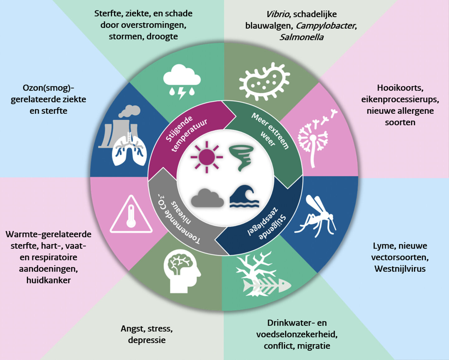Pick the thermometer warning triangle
[131, 215]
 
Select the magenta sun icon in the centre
[206, 156]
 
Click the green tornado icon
[242, 157]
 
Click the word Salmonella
[301, 37]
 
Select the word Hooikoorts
[400, 88]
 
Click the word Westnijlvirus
[400, 269]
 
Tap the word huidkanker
[48, 280]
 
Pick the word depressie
[147, 340]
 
